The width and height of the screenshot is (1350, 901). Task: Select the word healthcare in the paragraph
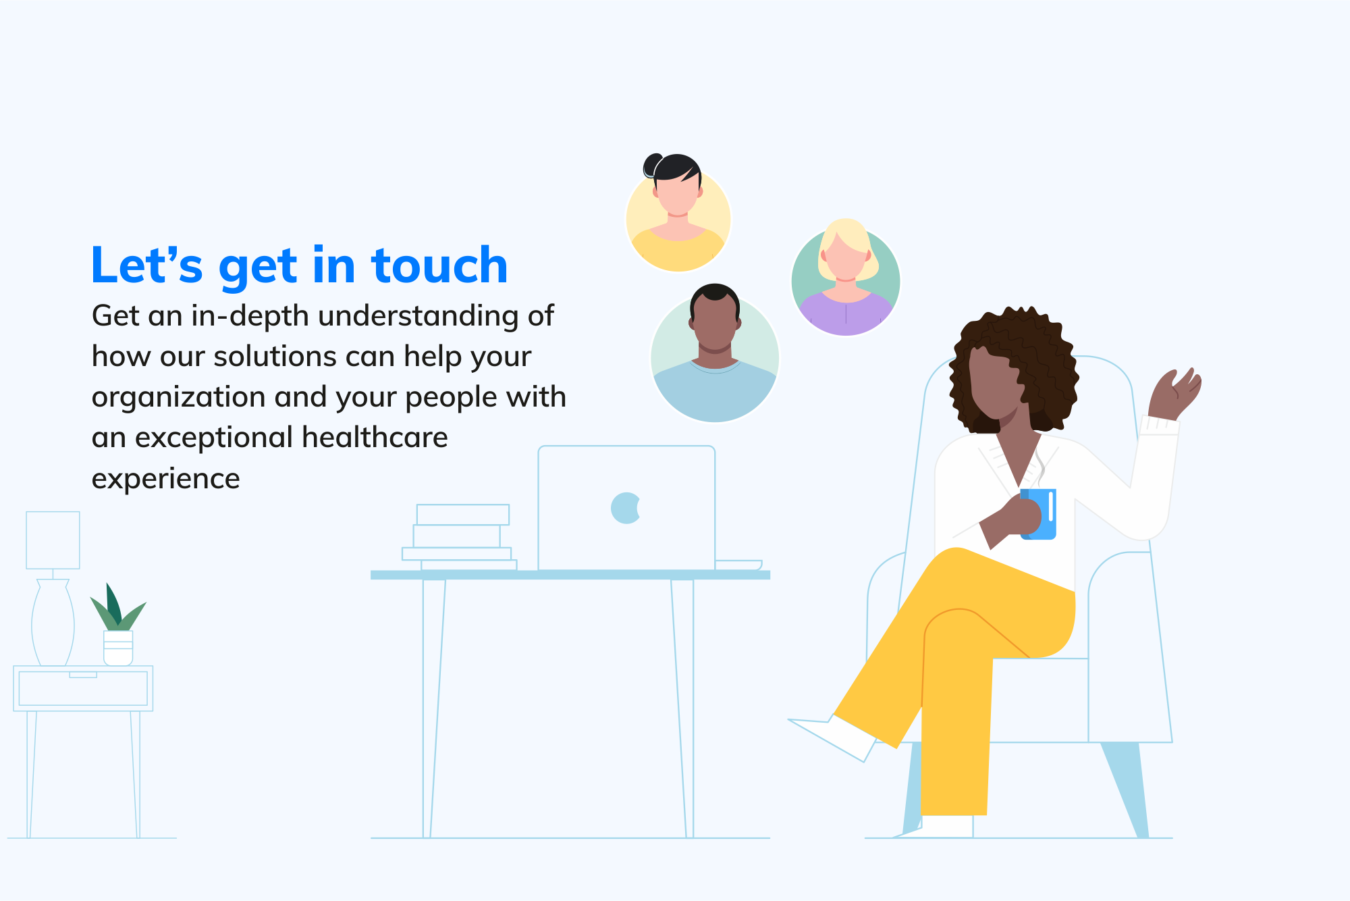pos(375,438)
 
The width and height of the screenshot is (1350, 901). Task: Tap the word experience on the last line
pos(165,479)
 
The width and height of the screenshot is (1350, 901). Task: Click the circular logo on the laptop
pos(625,508)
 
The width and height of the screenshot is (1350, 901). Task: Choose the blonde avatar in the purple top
pos(845,278)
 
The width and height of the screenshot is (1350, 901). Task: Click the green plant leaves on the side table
pos(117,608)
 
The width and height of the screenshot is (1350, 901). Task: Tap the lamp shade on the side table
pos(53,540)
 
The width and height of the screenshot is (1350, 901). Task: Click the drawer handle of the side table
pos(83,674)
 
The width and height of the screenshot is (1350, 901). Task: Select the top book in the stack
pos(462,515)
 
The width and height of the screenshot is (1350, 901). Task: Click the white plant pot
pos(118,648)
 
